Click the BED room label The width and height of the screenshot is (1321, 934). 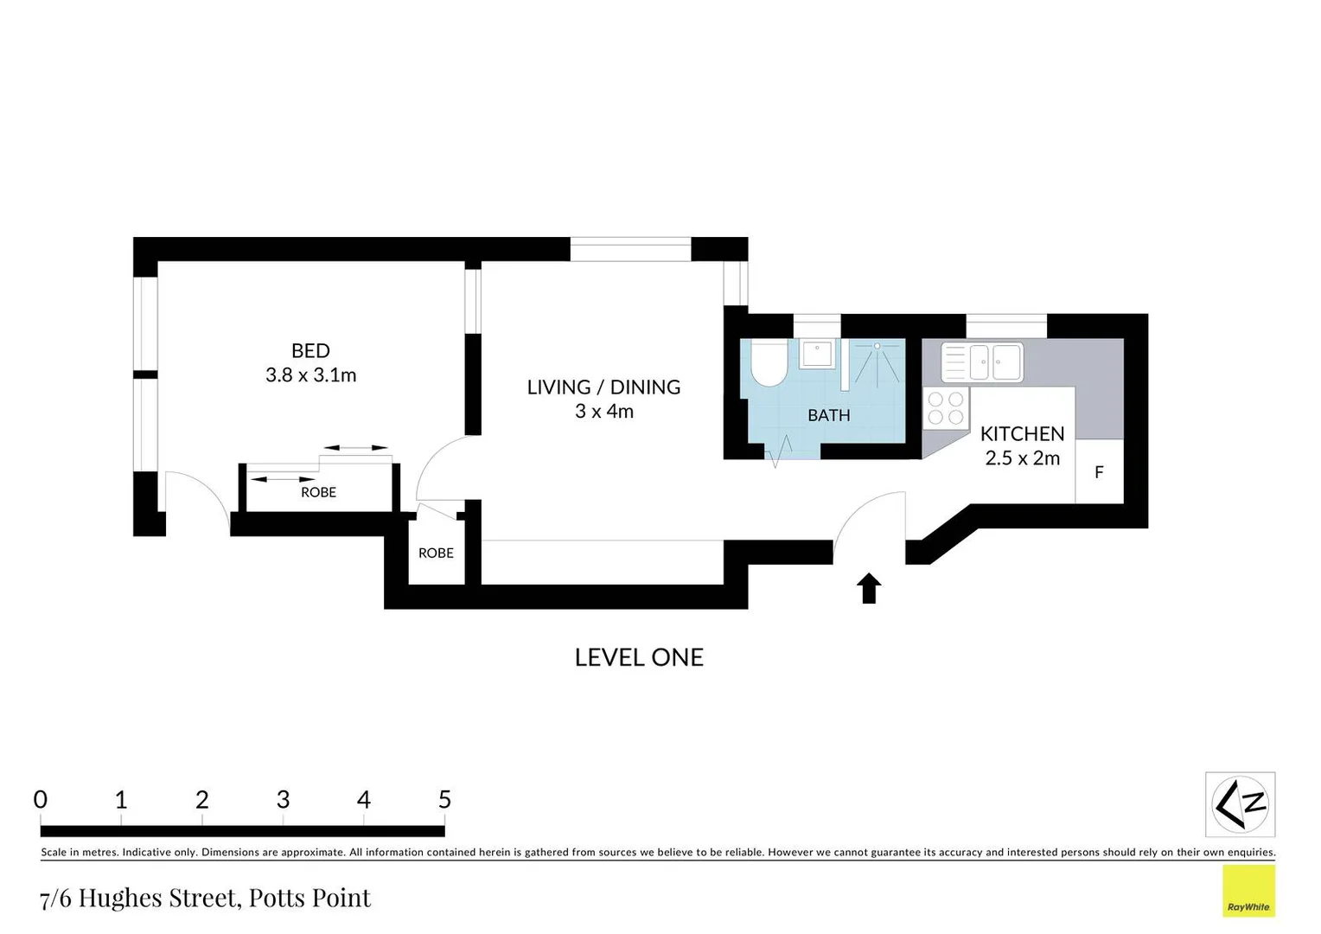click(x=310, y=350)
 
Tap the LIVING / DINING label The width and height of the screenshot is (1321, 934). click(x=603, y=387)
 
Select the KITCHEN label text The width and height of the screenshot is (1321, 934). click(x=1022, y=433)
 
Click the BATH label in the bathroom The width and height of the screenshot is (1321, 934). click(x=828, y=415)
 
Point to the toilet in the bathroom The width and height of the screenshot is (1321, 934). click(x=768, y=363)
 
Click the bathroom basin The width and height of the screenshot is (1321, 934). click(x=817, y=354)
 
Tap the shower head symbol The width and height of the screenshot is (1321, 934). click(x=877, y=347)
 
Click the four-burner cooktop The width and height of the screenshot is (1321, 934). click(x=946, y=408)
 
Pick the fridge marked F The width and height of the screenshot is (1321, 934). click(x=1099, y=472)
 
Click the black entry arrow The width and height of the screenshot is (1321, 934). click(x=869, y=588)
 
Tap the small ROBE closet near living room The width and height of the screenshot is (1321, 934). click(x=436, y=553)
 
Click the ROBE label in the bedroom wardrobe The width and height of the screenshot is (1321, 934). click(x=318, y=492)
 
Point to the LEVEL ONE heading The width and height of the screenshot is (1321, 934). click(x=639, y=657)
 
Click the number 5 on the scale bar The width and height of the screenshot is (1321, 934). click(x=444, y=800)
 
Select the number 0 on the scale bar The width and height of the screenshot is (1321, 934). click(x=41, y=800)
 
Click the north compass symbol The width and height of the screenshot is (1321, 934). click(x=1240, y=804)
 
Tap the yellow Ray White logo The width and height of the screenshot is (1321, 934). click(x=1248, y=891)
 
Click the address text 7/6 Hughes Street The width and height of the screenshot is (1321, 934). click(x=205, y=898)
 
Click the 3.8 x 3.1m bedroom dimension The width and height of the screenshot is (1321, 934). click(x=310, y=375)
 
